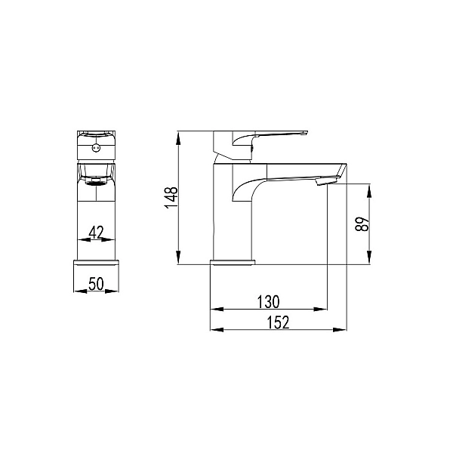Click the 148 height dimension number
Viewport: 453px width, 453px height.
171,198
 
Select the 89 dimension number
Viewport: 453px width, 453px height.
362,224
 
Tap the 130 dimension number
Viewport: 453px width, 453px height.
268,302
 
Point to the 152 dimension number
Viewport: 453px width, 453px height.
278,322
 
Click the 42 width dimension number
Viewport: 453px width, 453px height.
96,233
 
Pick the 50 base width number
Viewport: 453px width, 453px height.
96,284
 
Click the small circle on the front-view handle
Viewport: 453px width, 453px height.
96,148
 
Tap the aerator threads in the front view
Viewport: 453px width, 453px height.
96,182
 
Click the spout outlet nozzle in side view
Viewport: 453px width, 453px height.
326,181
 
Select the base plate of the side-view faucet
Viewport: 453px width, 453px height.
233,262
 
